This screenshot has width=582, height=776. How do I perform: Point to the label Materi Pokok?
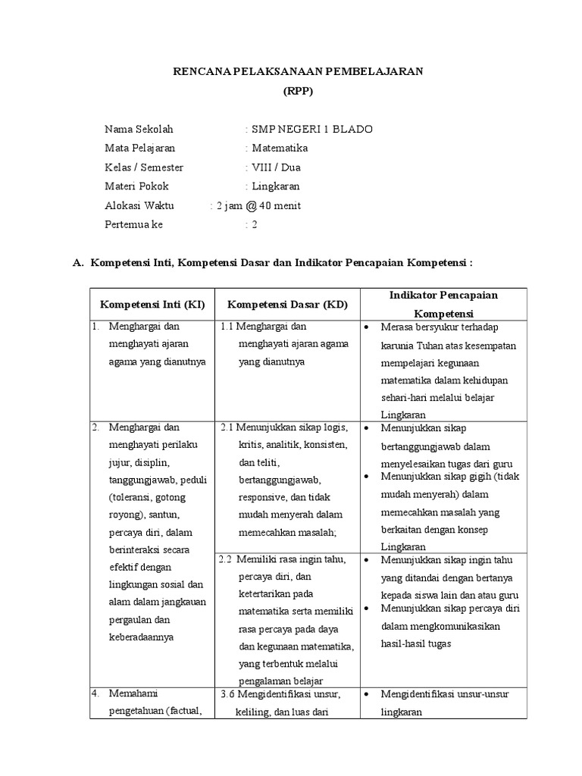(136, 186)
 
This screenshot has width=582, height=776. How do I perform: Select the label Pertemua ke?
(133, 224)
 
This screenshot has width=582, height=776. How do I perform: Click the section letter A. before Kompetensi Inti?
(77, 262)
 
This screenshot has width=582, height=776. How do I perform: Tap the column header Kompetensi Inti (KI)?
(152, 305)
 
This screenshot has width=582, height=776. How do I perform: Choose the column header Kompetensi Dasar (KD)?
(287, 305)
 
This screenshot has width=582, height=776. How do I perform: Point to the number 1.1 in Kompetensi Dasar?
(227, 327)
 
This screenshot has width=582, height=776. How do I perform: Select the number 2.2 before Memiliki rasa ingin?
(225, 560)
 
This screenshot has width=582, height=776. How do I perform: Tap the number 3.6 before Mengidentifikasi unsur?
(227, 694)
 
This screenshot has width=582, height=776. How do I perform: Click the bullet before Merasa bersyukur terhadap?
(367, 327)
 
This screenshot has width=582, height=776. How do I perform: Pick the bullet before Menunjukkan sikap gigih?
(367, 477)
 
